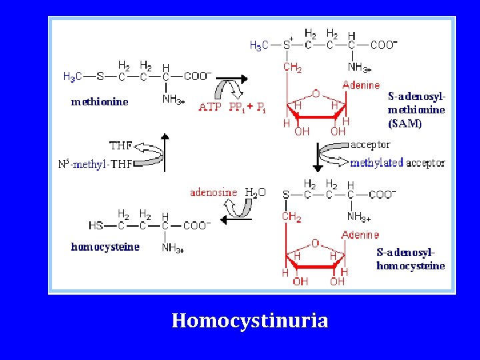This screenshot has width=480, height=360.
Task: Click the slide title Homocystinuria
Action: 250,321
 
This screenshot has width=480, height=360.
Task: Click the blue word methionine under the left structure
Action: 99,102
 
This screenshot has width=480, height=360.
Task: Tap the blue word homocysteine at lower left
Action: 105,247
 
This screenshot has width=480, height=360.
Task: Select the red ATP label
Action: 210,107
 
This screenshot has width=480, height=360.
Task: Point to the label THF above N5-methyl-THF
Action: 121,145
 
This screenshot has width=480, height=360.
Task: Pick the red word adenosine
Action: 213,192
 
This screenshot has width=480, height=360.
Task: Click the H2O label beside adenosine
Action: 255,193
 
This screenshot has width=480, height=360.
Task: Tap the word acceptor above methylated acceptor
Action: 371,144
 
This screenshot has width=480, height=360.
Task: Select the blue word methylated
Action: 377,163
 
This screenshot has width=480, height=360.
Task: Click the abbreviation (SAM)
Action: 405,123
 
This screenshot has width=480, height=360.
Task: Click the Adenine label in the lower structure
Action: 360,235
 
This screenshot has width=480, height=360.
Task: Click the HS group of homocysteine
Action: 96,225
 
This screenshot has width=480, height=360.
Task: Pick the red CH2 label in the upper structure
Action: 292,67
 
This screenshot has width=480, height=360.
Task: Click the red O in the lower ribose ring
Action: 315,244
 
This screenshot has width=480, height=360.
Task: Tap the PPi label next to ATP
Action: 236,107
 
